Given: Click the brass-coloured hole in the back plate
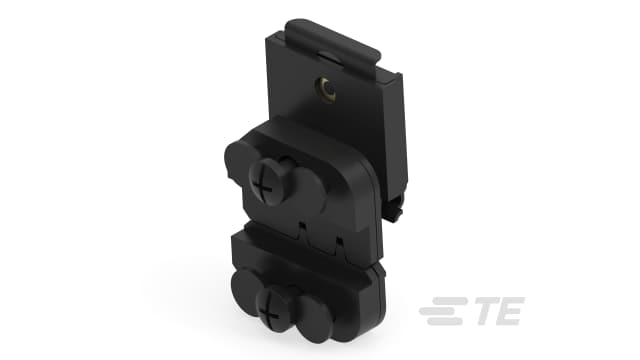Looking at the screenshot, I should [x=327, y=91].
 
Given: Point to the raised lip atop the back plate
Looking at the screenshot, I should [x=340, y=39].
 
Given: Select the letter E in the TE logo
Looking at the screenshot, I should [x=506, y=313].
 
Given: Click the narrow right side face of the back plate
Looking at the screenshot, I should [x=399, y=140].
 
